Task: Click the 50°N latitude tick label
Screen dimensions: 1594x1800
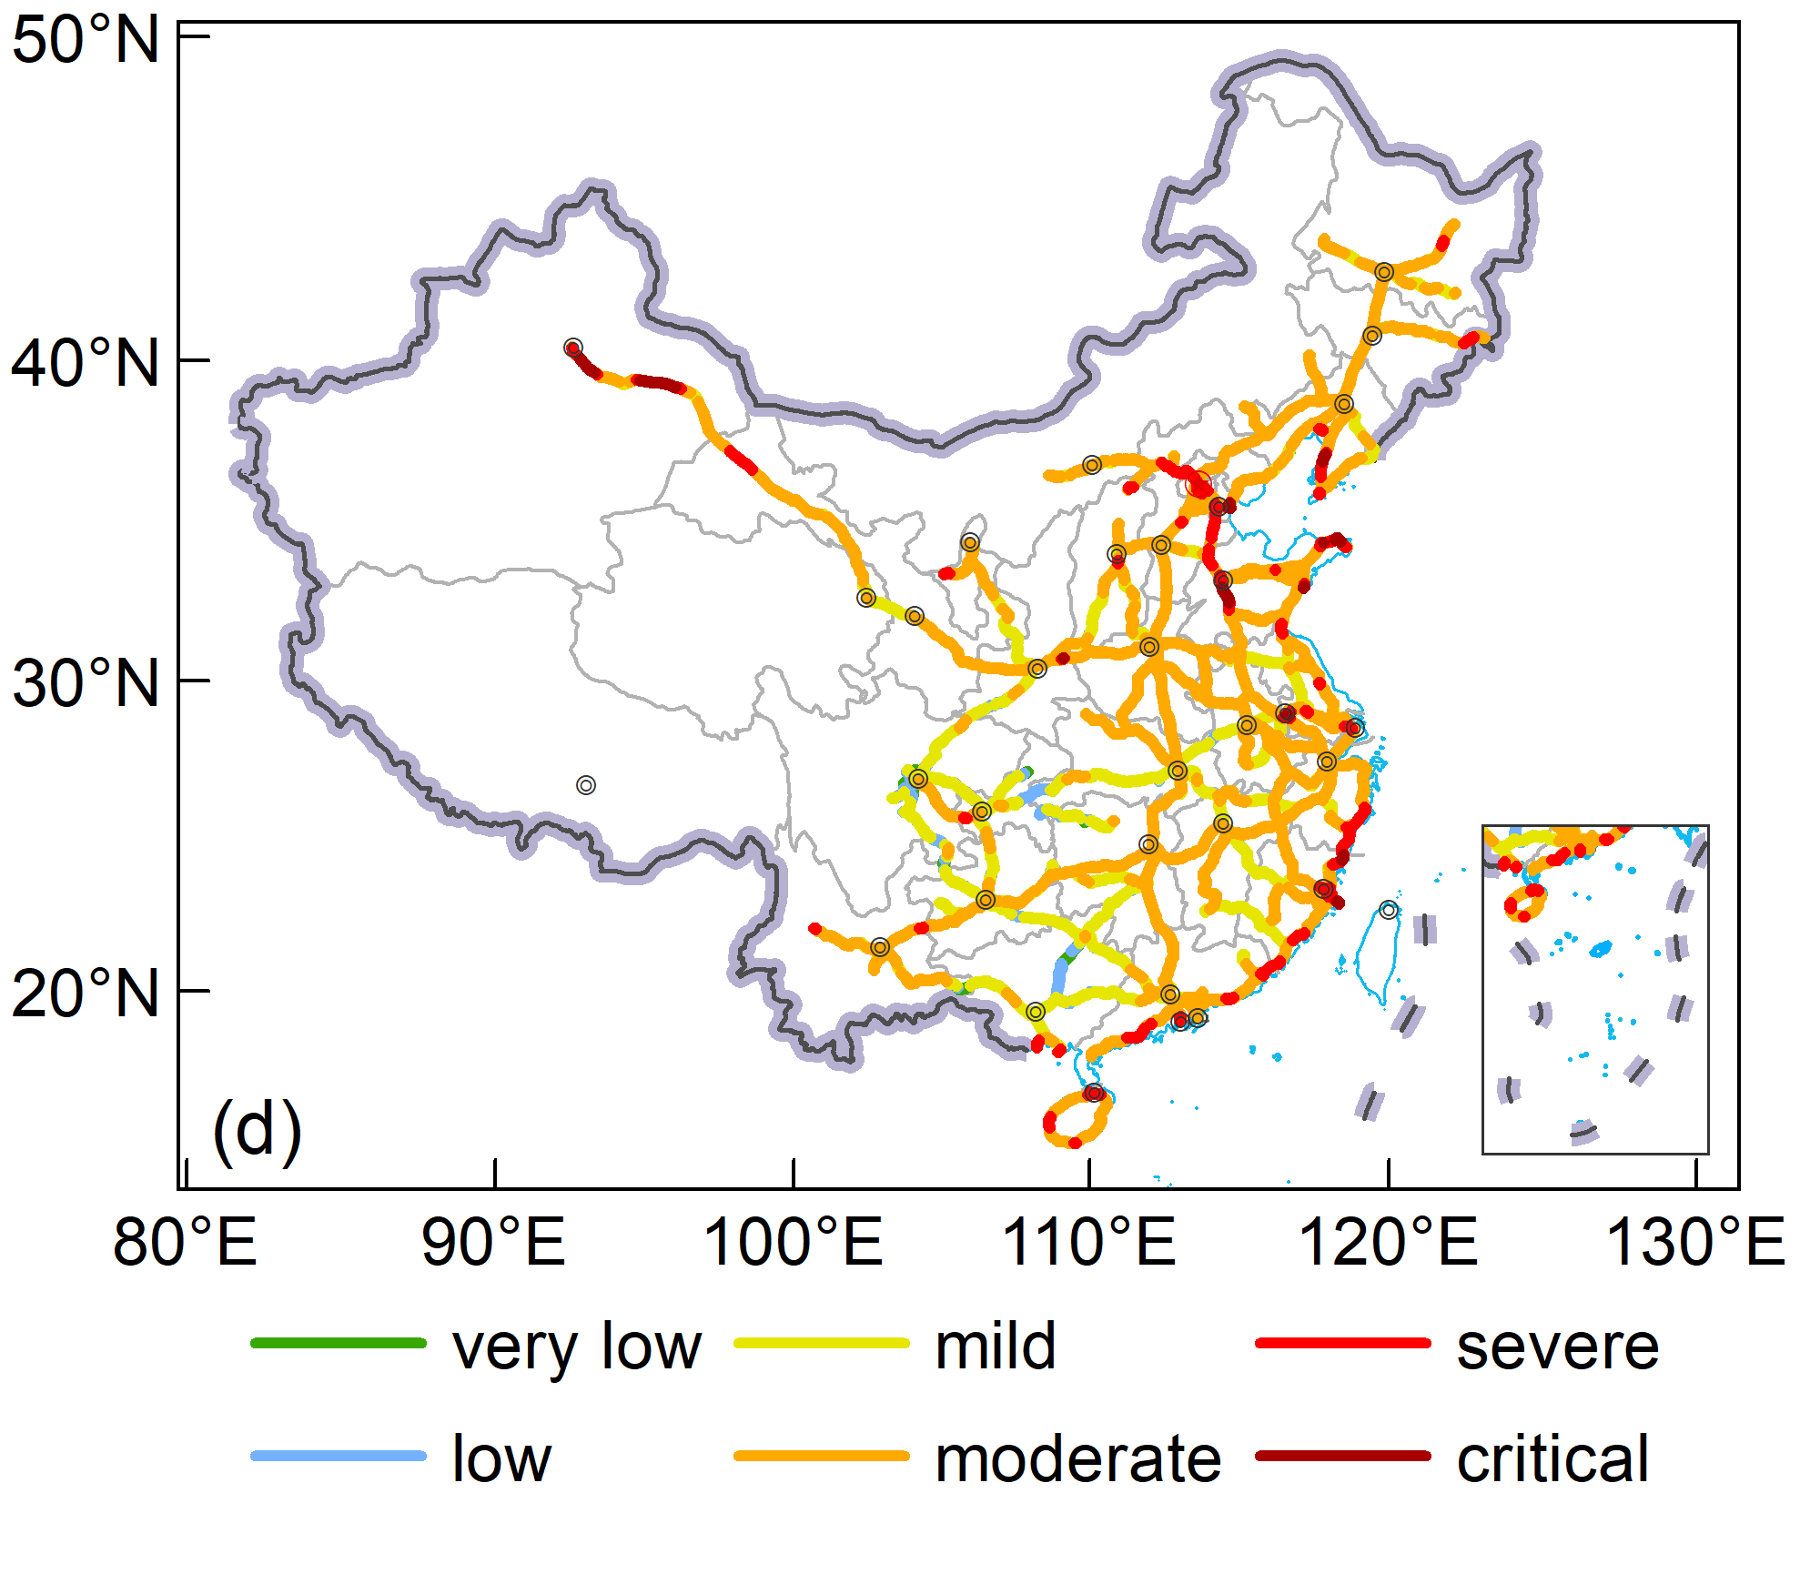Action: [86, 41]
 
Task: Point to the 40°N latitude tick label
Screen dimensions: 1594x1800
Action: [86, 362]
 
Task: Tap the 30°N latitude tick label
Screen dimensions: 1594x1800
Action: [86, 682]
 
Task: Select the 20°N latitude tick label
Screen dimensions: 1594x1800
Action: [86, 993]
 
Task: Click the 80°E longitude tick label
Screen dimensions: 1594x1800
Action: [185, 1241]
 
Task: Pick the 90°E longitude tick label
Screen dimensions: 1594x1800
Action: [493, 1241]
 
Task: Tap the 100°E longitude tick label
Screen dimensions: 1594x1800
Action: [793, 1241]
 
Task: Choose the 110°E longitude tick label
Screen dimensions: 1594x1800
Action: [1088, 1241]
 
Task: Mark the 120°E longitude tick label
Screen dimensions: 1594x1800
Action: [1388, 1241]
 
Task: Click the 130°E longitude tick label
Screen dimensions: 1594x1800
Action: [1695, 1241]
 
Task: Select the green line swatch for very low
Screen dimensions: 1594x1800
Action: [339, 1343]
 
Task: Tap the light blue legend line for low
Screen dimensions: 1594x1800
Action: [339, 1456]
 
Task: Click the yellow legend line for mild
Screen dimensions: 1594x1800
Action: [821, 1343]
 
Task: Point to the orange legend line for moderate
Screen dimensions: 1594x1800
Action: [821, 1456]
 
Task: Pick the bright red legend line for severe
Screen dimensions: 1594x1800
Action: [1343, 1343]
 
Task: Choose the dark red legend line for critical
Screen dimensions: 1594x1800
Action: [1343, 1456]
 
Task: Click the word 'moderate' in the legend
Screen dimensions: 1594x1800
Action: [1078, 1459]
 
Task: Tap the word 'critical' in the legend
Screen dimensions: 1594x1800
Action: [1552, 1459]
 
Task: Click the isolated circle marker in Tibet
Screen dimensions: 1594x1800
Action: [586, 785]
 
